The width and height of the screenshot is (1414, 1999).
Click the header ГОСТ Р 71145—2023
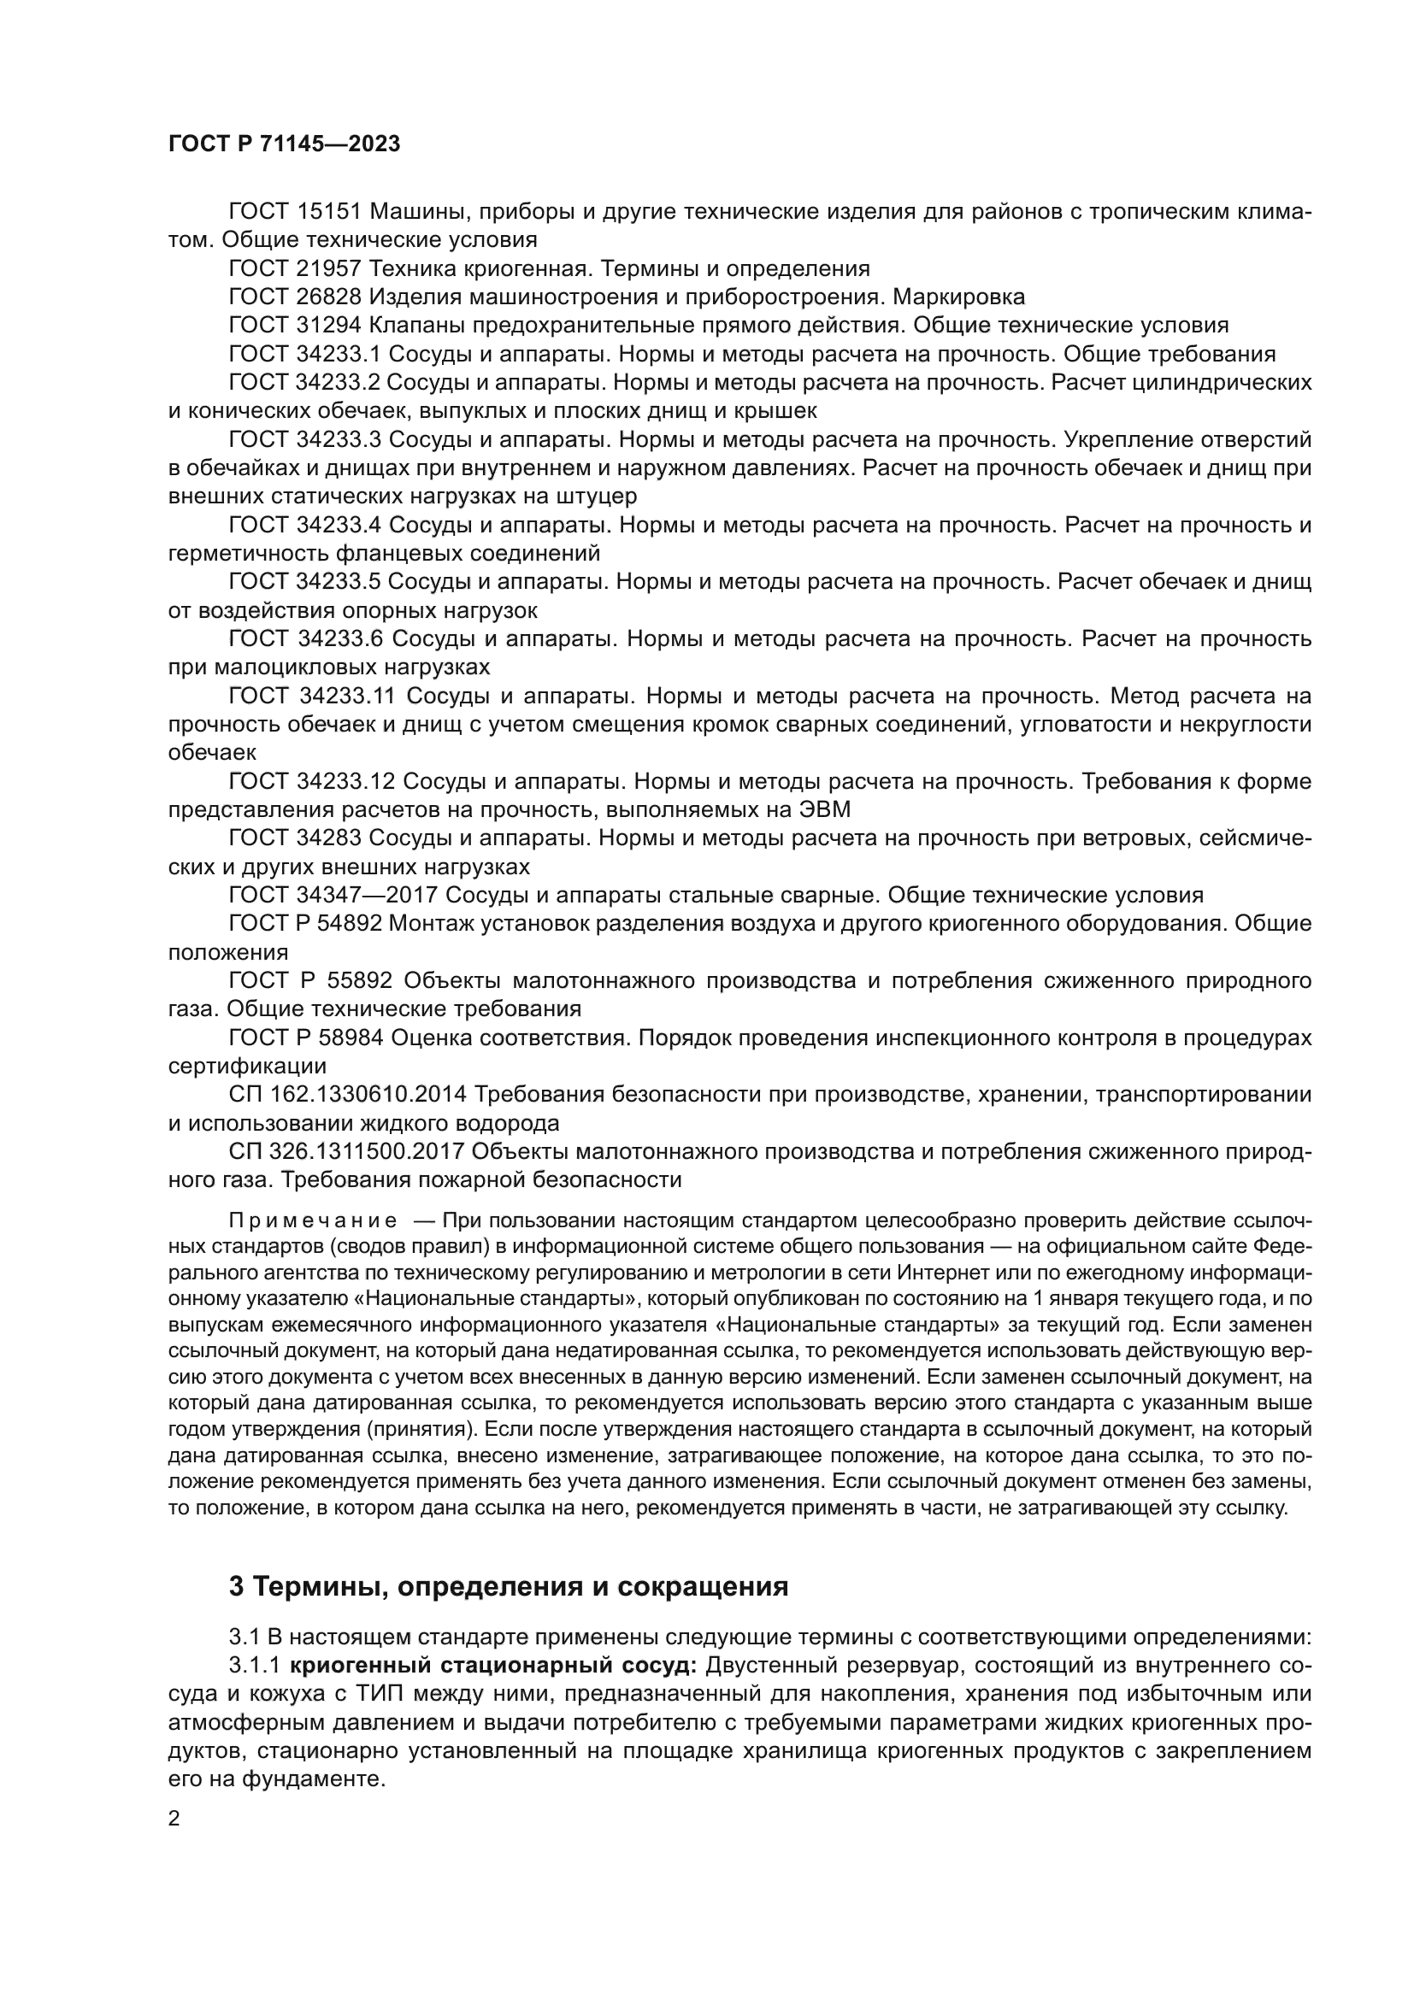point(284,144)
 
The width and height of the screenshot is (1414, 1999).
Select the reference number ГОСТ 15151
point(294,212)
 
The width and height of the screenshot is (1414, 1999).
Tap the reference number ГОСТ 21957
point(294,268)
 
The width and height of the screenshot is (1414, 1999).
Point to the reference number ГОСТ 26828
point(294,297)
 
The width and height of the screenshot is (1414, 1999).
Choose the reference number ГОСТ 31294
point(294,326)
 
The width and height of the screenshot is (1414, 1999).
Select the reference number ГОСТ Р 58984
point(305,1038)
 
